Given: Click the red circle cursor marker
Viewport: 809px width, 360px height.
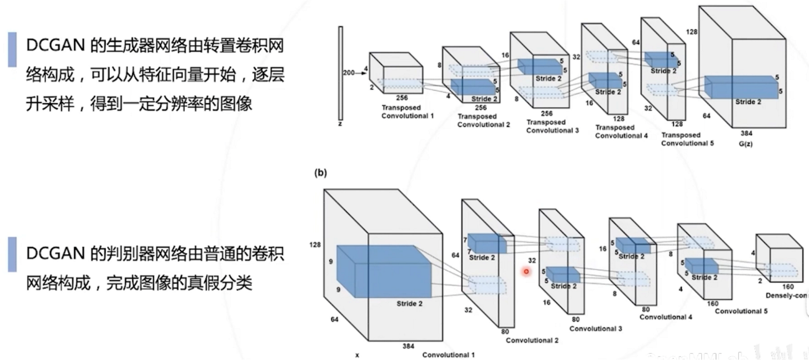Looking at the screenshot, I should click(526, 271).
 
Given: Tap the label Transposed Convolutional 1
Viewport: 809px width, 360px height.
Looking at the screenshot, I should click(407, 112).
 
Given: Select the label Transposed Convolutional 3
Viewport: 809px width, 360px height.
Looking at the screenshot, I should click(552, 126).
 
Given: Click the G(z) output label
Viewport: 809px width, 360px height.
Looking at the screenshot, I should click(746, 144).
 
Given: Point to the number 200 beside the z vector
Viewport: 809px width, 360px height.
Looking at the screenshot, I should click(349, 73).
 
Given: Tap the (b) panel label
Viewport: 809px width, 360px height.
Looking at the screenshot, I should click(321, 173).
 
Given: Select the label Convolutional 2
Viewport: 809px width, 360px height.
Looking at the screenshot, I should click(532, 340).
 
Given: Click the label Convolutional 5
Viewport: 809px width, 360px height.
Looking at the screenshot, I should click(741, 311).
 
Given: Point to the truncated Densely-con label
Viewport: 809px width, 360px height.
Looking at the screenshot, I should click(786, 296).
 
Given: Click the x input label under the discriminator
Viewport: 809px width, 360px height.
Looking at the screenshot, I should click(357, 355).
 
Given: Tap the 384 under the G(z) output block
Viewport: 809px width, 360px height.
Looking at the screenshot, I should click(746, 133).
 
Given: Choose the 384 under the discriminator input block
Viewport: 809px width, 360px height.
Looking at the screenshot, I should click(408, 346).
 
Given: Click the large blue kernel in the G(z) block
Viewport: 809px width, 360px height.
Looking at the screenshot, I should click(741, 87).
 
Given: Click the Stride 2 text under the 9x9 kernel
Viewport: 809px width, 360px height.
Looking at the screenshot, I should click(409, 304).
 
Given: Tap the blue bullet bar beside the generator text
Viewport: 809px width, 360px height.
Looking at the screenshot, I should click(12, 49).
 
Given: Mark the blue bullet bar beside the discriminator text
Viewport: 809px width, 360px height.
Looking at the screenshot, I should click(12, 254).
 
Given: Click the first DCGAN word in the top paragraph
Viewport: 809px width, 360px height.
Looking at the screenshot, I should click(56, 45).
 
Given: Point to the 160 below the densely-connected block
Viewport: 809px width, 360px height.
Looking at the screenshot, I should click(788, 286).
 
